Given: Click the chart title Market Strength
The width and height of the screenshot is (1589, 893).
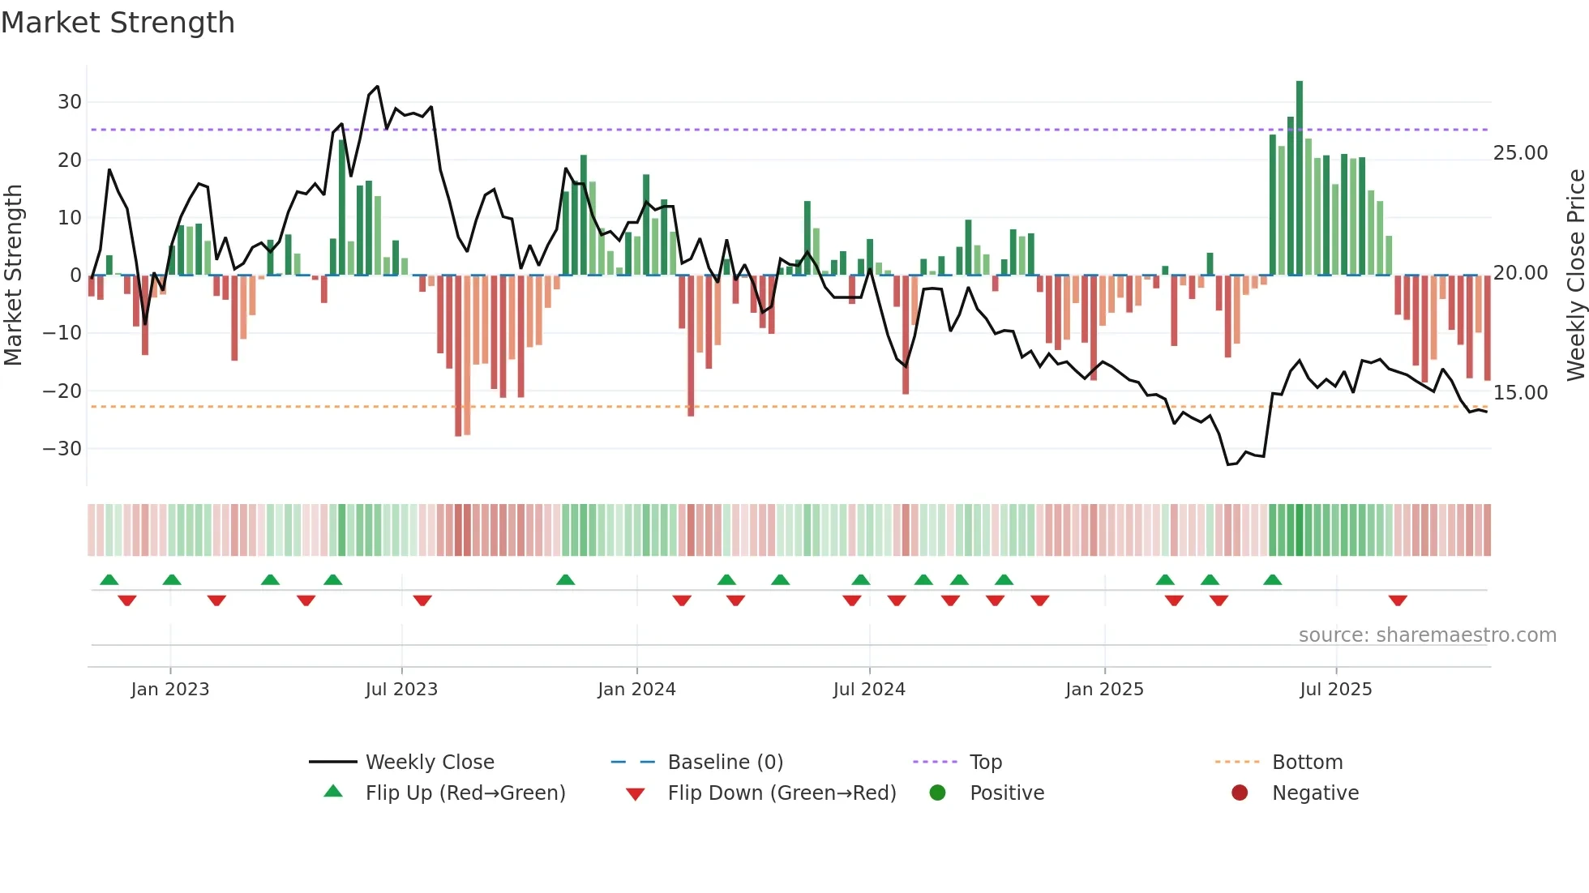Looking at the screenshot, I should click(x=118, y=23).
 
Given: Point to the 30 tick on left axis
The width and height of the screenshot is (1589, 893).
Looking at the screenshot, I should click(x=70, y=102).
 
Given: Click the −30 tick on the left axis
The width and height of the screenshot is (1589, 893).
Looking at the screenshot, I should click(x=63, y=448).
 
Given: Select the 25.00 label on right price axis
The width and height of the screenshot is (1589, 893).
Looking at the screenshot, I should click(x=1520, y=153).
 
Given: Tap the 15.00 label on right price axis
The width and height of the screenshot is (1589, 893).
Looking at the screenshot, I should click(x=1520, y=393).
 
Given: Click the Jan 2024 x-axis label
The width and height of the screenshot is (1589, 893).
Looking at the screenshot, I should click(x=636, y=690).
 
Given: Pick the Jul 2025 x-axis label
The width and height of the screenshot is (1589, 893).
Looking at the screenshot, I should click(x=1335, y=690).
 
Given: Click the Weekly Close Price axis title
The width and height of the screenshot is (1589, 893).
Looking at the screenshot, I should click(x=1575, y=275).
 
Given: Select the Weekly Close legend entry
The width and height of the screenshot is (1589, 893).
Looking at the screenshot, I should click(x=429, y=763).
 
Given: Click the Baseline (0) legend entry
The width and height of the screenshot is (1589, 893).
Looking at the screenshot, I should click(x=725, y=763).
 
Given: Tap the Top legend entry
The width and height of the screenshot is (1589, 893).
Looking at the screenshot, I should click(x=985, y=763).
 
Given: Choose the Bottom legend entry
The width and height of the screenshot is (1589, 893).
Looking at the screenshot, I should click(x=1307, y=763).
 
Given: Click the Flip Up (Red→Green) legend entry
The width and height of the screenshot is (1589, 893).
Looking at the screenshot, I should click(x=465, y=793).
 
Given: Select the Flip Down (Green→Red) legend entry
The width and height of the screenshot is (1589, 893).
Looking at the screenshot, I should click(x=782, y=793).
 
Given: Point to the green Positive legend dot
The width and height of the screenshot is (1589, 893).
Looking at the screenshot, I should click(x=938, y=793).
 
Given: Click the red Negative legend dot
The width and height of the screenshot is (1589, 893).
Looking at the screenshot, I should click(x=1240, y=793).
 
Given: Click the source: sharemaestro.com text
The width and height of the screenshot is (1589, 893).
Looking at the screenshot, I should click(x=1427, y=635).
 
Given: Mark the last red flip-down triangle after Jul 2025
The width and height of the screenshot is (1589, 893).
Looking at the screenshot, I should click(x=1398, y=600).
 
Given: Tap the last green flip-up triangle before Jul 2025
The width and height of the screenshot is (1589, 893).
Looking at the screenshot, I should click(x=1273, y=580).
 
